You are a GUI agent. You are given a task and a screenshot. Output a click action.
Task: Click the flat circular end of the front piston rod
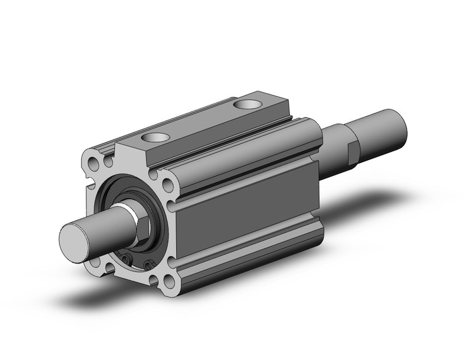click(x=74, y=239)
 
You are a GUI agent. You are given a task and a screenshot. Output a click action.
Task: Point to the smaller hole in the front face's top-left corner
click(x=108, y=161)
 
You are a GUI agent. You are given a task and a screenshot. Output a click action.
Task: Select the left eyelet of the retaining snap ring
click(x=127, y=260)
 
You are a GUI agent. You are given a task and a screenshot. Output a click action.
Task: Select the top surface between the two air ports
click(x=202, y=123)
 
